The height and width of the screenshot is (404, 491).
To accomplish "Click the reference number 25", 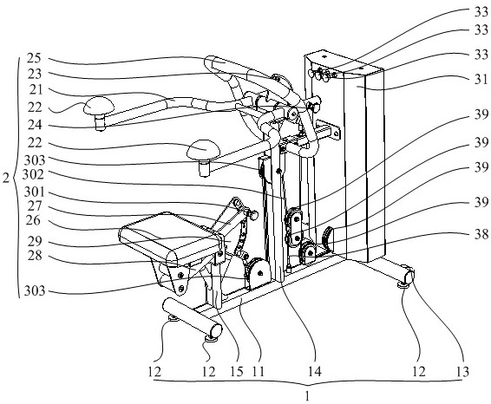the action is pos(34,58).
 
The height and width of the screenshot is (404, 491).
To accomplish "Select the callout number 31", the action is pos(481,79).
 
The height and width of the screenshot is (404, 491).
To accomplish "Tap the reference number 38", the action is pos(481,234).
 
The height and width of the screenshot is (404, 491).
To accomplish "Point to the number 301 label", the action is pos(35,192).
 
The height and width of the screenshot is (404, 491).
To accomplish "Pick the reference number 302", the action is pos(33,174).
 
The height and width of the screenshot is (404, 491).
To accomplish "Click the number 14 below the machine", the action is pos(314,371).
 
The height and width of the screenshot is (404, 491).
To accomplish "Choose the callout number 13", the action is pos(462,371).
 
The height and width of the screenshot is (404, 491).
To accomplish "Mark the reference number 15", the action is pos(237,371).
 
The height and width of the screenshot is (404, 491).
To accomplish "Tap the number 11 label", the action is pos(258,371).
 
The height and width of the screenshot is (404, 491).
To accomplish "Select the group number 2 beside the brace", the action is pos(6,179).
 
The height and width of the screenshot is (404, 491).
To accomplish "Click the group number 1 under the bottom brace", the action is pos(307,396).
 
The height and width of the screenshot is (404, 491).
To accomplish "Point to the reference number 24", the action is pos(34,125).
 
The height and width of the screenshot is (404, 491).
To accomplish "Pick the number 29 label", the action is pos(34,241).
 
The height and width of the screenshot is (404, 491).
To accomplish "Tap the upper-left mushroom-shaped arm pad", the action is pos(99,106).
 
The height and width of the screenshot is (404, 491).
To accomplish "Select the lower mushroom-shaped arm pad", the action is pos(204,148).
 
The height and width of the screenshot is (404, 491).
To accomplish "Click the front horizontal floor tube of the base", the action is pos(192,317).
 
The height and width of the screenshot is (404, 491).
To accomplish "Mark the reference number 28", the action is pos(34,256).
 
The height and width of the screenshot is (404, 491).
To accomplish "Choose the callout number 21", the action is pos(36,90).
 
